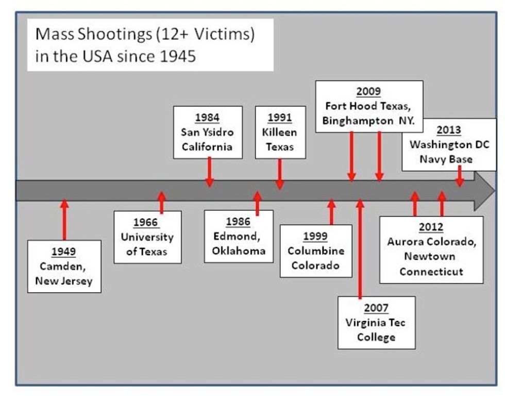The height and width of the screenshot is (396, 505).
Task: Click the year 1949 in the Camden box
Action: (x=64, y=251)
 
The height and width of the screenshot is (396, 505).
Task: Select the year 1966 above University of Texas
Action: (x=147, y=223)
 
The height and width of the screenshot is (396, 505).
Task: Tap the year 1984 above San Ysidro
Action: (x=208, y=117)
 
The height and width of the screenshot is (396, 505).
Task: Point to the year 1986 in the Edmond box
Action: (x=238, y=222)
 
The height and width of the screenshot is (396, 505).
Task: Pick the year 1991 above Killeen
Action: (x=280, y=117)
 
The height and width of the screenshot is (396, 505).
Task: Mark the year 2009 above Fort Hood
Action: (x=369, y=92)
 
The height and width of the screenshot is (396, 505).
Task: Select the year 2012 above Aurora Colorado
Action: (x=431, y=227)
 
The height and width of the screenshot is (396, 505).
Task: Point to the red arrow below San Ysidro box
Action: (x=209, y=172)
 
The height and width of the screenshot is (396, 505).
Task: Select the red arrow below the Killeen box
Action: (x=280, y=174)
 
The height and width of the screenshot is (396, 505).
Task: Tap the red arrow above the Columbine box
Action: (x=331, y=212)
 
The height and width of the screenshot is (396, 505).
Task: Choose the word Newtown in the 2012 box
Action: (x=431, y=256)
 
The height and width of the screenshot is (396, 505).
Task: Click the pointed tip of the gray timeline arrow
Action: (x=494, y=190)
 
